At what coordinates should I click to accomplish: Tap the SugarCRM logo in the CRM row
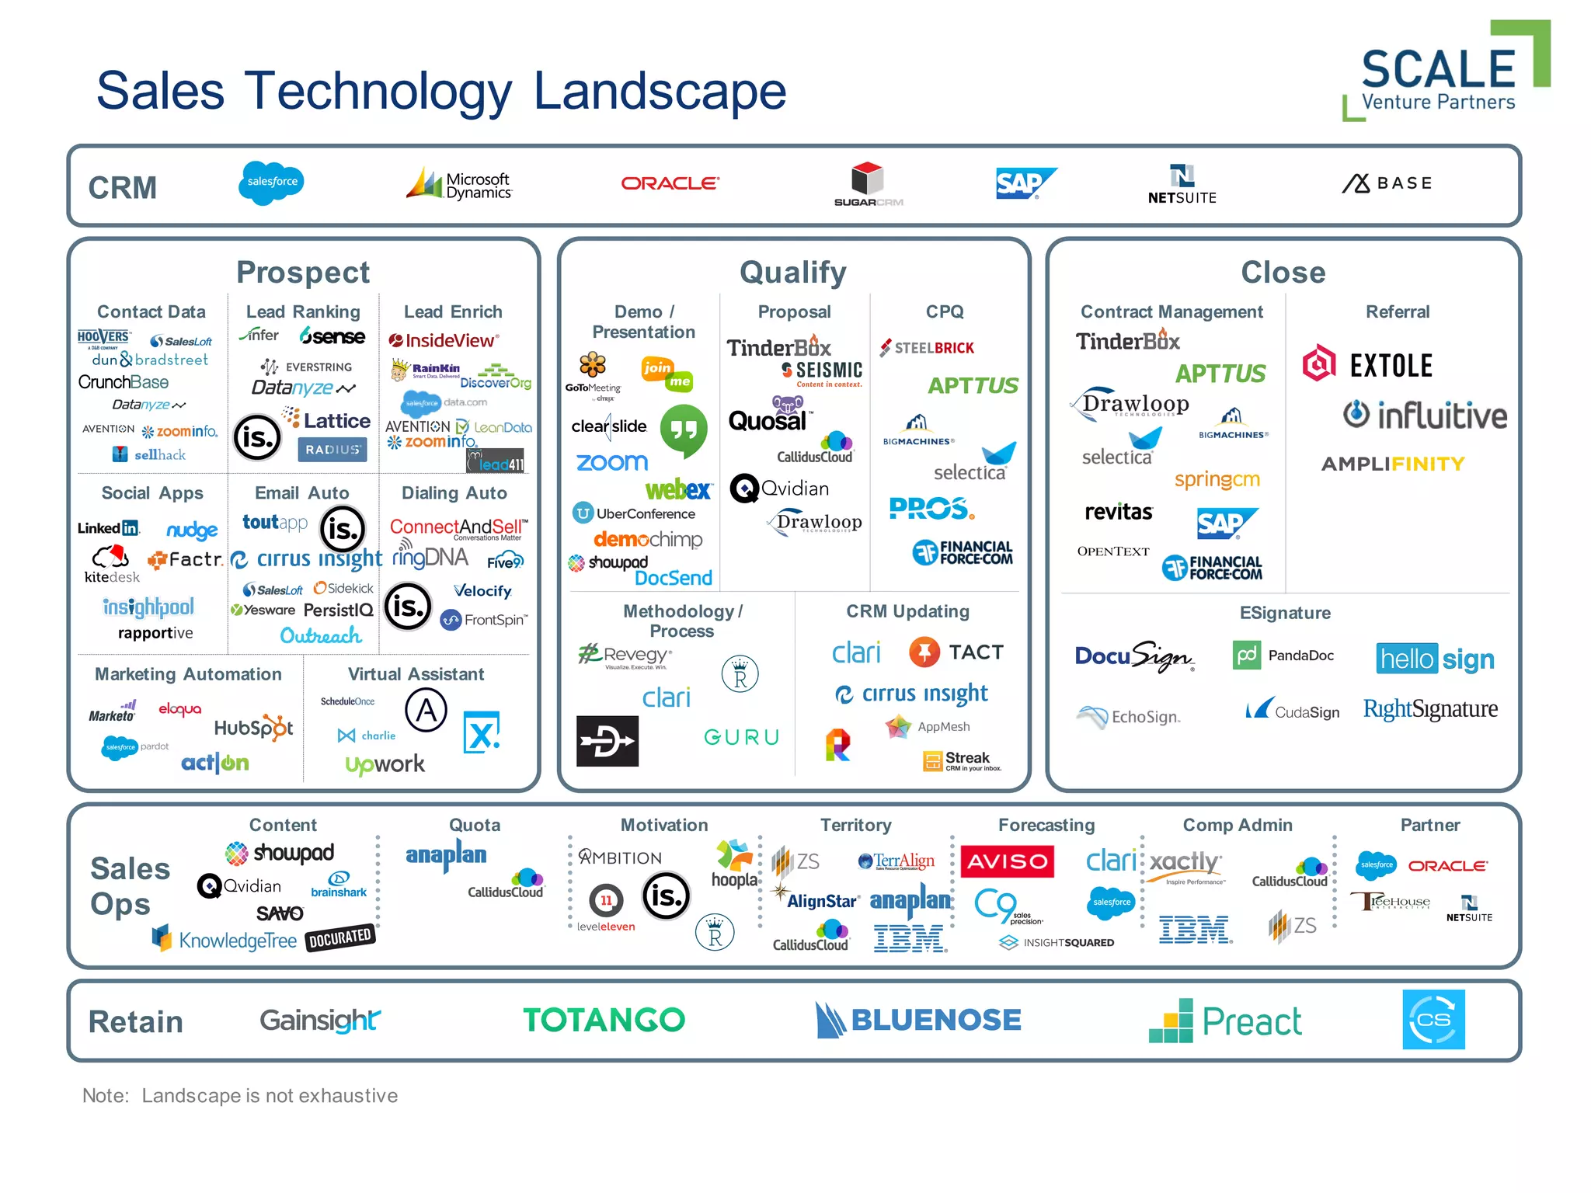tap(868, 184)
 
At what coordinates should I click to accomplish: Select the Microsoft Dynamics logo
tap(460, 185)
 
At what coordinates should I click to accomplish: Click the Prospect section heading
tap(303, 273)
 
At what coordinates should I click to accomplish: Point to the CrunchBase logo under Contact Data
tap(123, 382)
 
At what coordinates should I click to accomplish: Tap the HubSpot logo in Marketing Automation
tap(253, 728)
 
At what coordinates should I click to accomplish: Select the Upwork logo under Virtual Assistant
tap(385, 764)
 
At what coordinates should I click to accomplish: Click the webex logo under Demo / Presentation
tap(677, 489)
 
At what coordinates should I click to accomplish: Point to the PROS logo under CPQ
tap(931, 509)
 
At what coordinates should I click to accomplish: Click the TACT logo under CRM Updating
tap(956, 652)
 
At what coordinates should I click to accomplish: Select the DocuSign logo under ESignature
tap(1133, 657)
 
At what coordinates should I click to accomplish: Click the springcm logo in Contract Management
tap(1217, 479)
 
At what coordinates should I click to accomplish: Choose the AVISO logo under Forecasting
tap(1007, 861)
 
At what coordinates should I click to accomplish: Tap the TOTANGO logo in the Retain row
tap(604, 1020)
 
